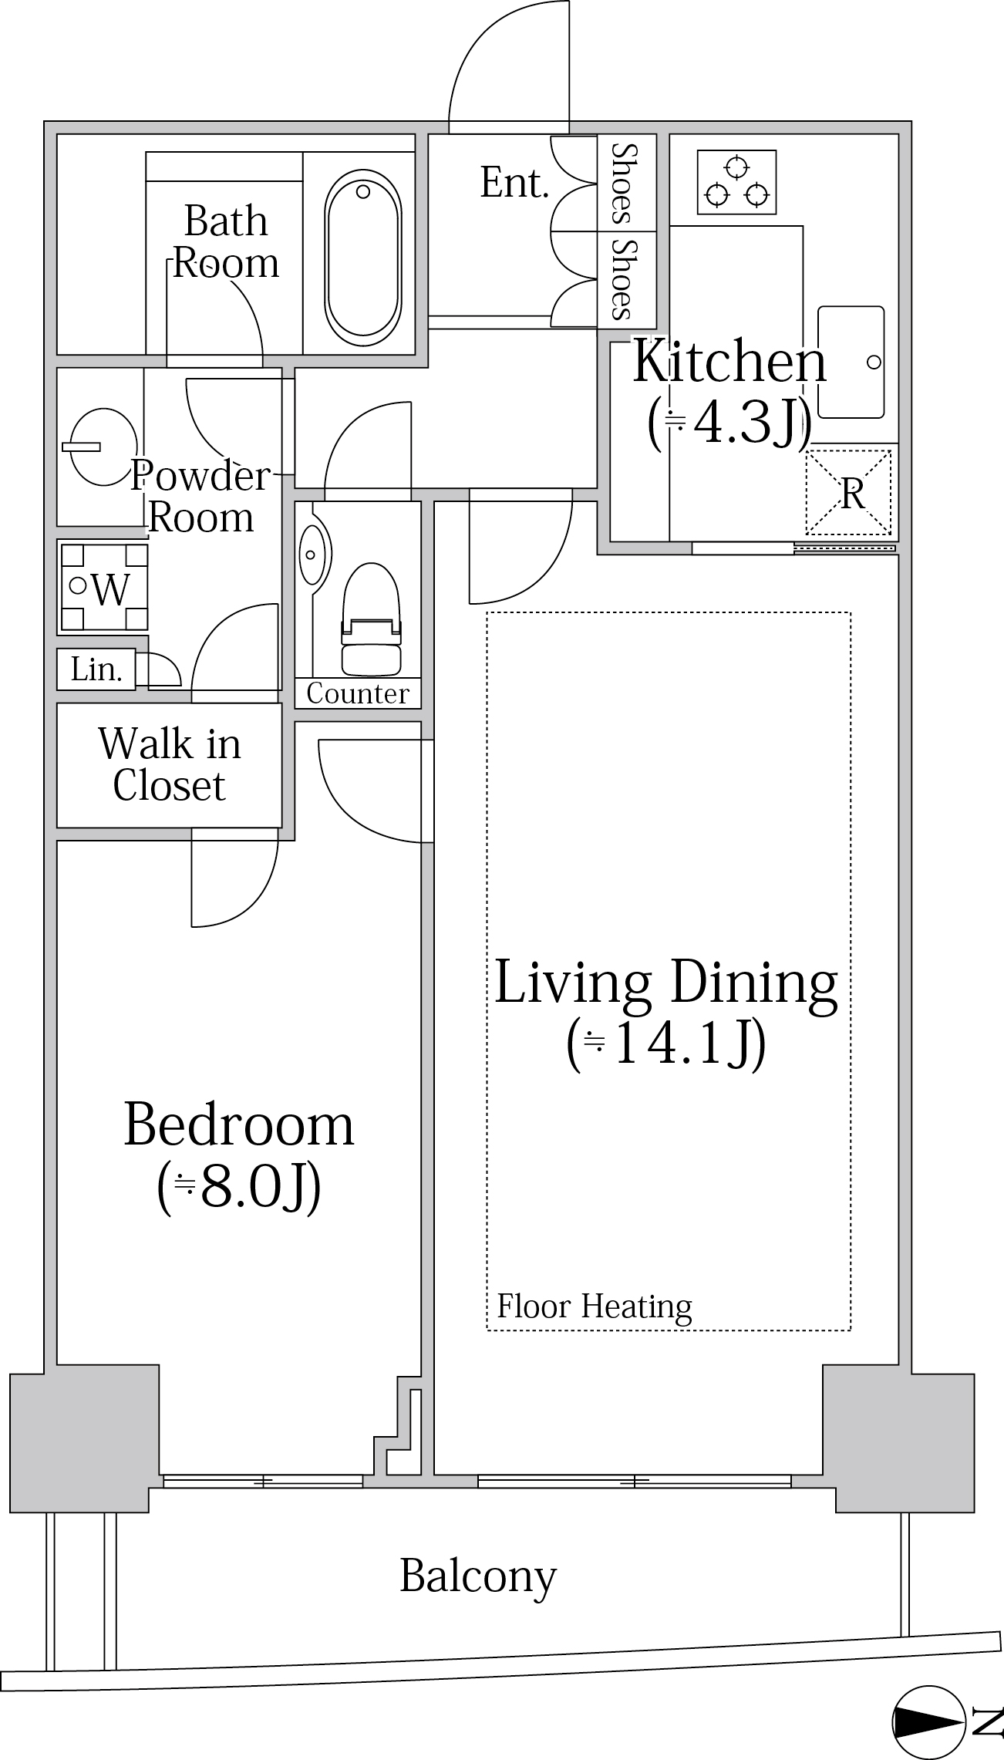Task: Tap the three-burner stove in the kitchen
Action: (x=736, y=182)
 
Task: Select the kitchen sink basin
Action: (x=851, y=362)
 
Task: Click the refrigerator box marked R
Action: (x=848, y=493)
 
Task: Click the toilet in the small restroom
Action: (x=372, y=619)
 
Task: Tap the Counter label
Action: (x=358, y=693)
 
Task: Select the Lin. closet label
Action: (x=96, y=669)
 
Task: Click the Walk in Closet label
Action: (x=170, y=764)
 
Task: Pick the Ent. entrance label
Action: (x=514, y=183)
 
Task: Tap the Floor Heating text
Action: (x=595, y=1307)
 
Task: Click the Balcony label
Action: (x=478, y=1577)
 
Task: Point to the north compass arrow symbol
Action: (x=928, y=1721)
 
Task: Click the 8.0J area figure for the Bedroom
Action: (x=239, y=1189)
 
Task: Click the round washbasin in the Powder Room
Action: (x=103, y=447)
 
